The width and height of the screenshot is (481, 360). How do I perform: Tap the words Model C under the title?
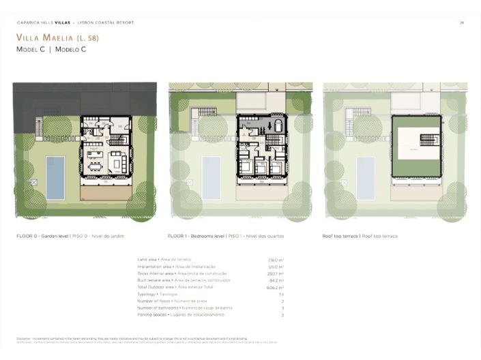(x=31, y=50)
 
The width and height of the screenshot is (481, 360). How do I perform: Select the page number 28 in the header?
(x=462, y=22)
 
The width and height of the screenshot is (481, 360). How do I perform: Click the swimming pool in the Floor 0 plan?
(x=55, y=178)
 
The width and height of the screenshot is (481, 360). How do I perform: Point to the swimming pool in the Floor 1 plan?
(x=212, y=178)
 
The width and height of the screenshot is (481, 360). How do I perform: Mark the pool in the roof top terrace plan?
(x=366, y=178)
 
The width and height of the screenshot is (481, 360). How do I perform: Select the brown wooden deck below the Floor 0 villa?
(x=106, y=193)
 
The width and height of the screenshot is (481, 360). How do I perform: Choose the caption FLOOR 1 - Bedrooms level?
(x=196, y=236)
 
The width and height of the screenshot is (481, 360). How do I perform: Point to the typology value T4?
(x=280, y=294)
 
